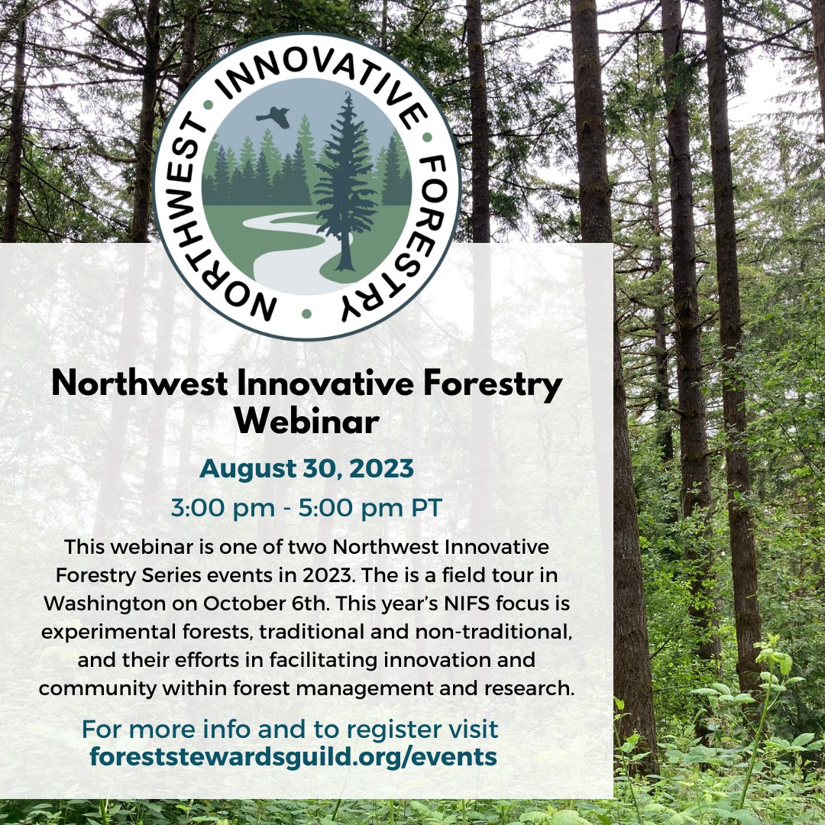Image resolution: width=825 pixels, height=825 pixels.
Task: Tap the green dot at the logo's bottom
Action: tap(306, 313)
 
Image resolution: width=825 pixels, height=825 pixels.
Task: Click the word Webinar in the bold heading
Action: tap(306, 422)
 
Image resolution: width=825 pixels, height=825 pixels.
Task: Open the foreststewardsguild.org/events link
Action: tap(293, 756)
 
